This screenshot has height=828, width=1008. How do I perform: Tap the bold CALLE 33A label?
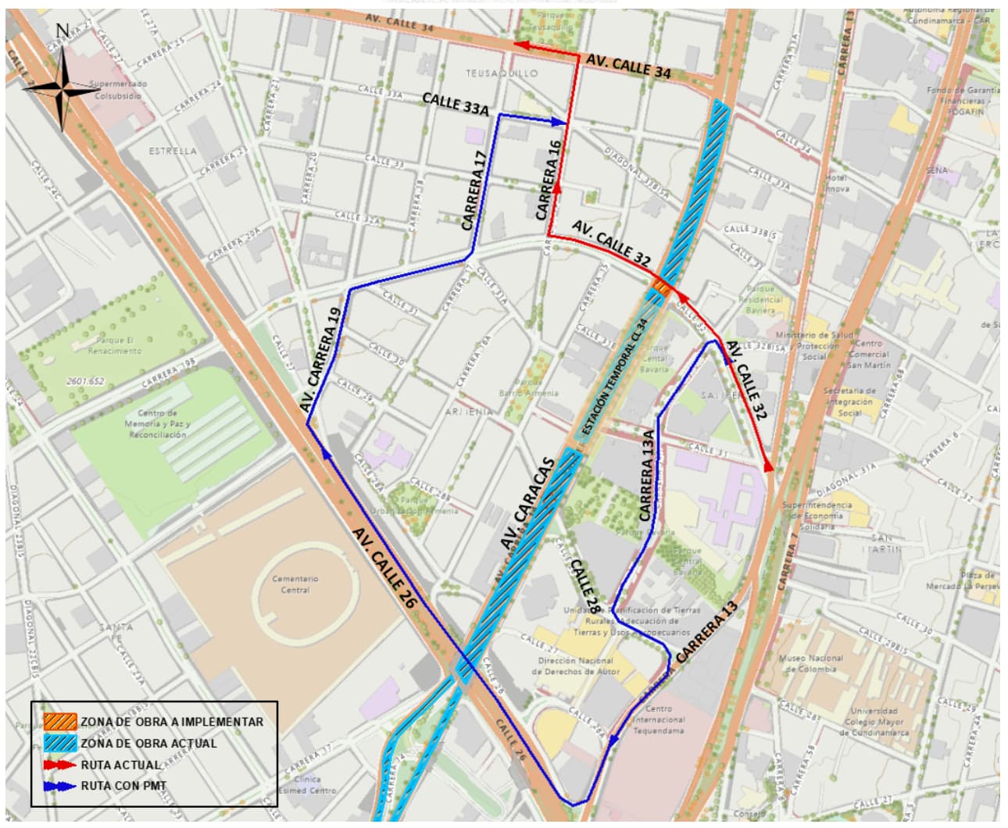(455, 105)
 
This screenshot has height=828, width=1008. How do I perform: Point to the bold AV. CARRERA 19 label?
(321, 360)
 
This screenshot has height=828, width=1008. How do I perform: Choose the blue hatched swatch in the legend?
(59, 743)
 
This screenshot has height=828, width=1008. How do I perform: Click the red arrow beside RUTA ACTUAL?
(59, 765)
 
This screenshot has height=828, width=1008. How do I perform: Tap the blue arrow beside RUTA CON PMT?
(59, 786)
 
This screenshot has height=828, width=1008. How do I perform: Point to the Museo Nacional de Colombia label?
(810, 663)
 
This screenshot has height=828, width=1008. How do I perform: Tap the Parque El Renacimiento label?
(119, 345)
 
